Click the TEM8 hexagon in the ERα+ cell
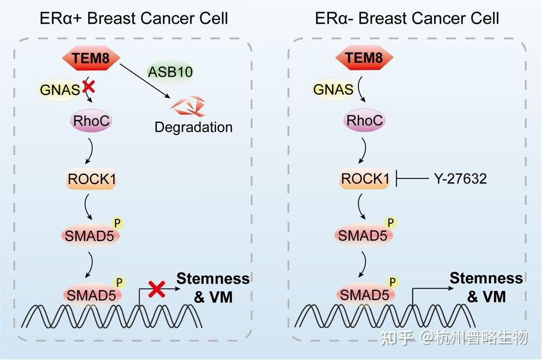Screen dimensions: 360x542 point(91,58)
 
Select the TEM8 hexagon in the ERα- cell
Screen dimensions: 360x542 point(364,58)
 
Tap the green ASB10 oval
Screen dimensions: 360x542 point(170,72)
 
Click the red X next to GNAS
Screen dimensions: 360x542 point(89,87)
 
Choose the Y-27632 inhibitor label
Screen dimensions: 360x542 point(460,179)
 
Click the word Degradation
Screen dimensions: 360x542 point(193,127)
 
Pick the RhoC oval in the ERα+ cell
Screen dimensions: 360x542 point(91,121)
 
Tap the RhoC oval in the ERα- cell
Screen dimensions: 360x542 point(364,121)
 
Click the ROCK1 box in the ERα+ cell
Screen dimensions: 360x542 point(92,179)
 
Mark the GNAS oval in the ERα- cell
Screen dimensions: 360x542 point(333,89)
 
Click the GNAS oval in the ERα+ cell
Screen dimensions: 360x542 point(60,89)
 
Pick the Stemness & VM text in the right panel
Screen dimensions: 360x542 point(486,287)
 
